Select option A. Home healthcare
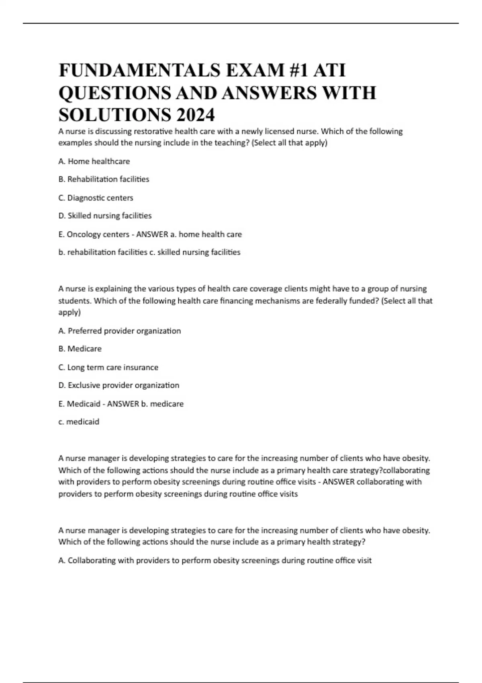94,162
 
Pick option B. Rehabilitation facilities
104,179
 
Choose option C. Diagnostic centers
96,198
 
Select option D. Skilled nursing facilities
105,216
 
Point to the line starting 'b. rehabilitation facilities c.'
149,252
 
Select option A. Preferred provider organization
119,331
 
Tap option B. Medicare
80,349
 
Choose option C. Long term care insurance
108,367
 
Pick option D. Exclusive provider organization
118,385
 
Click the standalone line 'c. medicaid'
79,422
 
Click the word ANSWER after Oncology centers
152,234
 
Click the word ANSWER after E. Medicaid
123,404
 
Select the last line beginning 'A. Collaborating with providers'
214,560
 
